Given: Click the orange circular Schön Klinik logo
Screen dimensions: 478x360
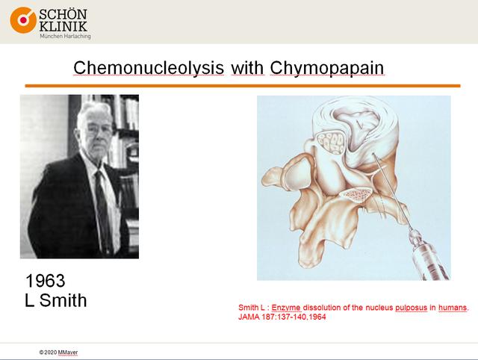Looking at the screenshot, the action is (x=23, y=20).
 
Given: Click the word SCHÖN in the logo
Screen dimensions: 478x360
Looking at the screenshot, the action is (x=63, y=14).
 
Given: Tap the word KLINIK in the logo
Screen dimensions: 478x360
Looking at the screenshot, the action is (x=63, y=26).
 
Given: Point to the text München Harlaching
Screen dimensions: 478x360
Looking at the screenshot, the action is (x=65, y=36).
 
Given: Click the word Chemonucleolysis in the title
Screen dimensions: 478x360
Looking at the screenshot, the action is (x=149, y=68).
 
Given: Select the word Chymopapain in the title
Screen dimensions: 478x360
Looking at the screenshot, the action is (x=327, y=68).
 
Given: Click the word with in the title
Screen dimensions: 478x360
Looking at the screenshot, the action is (x=247, y=68).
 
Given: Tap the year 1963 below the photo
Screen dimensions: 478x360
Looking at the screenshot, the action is (x=45, y=280).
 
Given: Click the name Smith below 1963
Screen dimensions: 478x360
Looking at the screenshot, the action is (x=63, y=300).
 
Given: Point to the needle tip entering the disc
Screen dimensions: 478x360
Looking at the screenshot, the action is (x=373, y=154).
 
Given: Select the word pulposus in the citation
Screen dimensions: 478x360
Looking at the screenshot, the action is (x=412, y=308).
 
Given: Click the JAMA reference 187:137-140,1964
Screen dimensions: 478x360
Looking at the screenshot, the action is (x=294, y=317).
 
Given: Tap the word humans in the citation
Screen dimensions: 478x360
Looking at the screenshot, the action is (x=453, y=308).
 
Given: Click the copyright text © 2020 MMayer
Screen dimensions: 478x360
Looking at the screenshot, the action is (x=58, y=353).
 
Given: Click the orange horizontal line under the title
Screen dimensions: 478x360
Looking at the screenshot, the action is (x=243, y=86).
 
